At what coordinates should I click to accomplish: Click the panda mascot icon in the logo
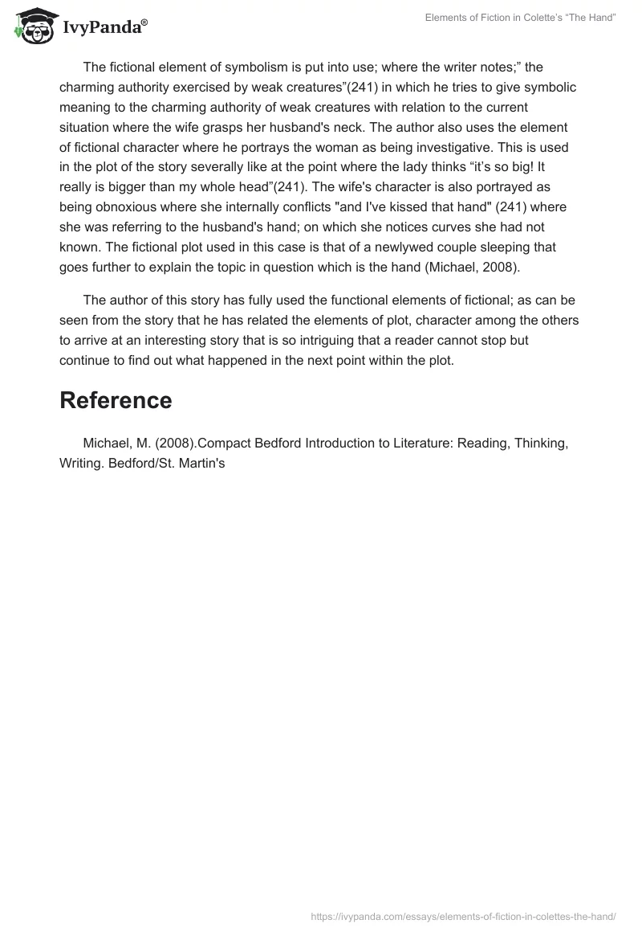(x=33, y=26)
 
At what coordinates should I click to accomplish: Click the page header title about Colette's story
(x=521, y=18)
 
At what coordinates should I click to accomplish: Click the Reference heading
(x=116, y=400)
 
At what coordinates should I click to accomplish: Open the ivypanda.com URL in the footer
(x=463, y=916)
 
